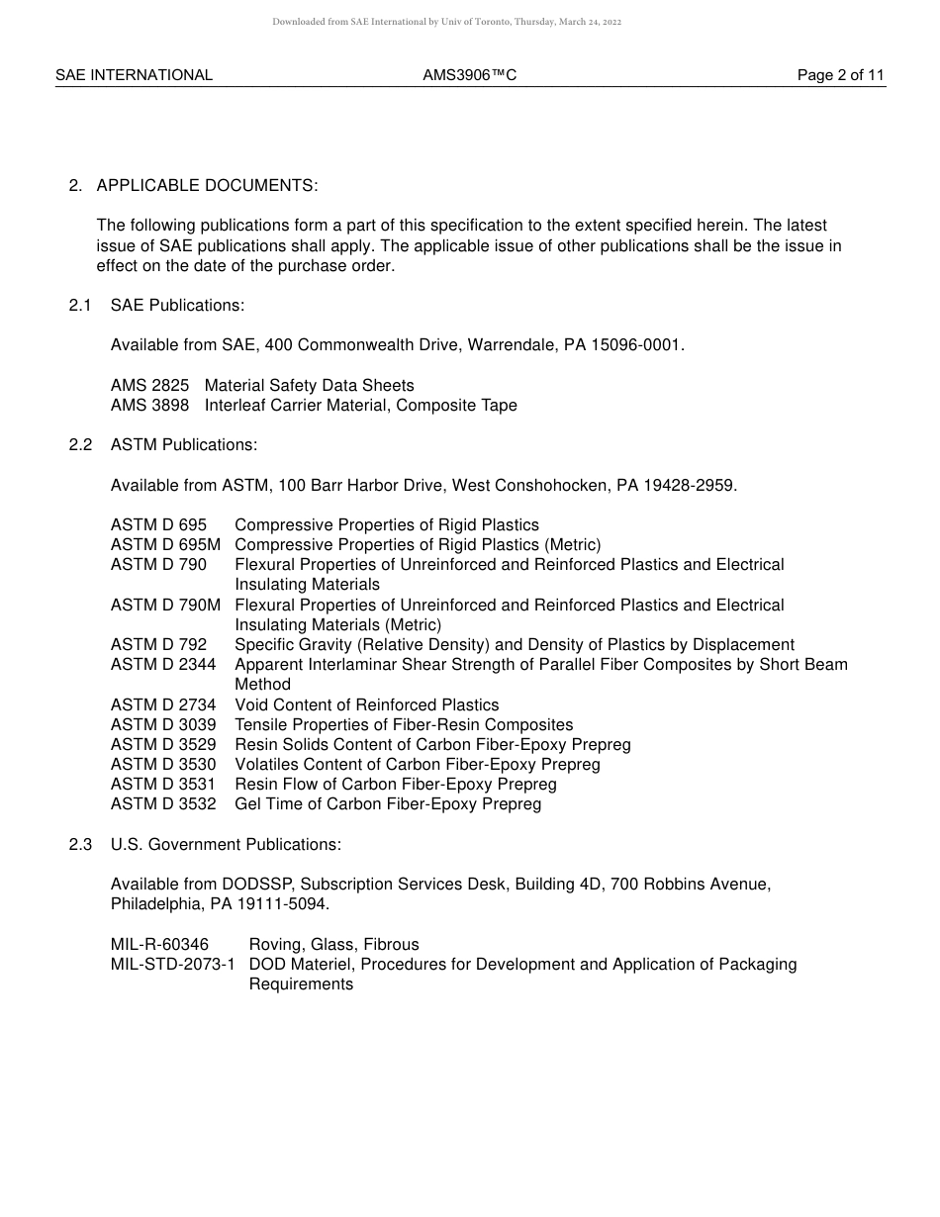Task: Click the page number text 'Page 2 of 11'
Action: [x=840, y=75]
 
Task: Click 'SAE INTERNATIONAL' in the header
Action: [x=134, y=75]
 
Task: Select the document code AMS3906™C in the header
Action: [x=469, y=75]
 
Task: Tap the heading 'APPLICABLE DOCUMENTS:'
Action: [x=207, y=186]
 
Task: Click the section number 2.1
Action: [x=80, y=306]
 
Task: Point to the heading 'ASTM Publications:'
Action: [x=184, y=445]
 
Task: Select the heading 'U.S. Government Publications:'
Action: [x=226, y=844]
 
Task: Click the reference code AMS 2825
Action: [x=149, y=386]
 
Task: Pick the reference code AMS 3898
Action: [x=149, y=406]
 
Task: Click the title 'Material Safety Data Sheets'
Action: [x=309, y=386]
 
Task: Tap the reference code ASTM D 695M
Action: [x=165, y=545]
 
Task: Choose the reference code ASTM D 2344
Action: [x=163, y=665]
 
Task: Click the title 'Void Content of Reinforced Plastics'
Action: [x=366, y=705]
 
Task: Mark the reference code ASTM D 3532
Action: [x=163, y=804]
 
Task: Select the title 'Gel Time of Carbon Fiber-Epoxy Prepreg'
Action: [x=388, y=804]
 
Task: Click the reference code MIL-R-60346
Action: [x=159, y=945]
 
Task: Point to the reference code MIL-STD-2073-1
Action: [x=172, y=965]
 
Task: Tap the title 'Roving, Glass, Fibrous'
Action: [x=333, y=945]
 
